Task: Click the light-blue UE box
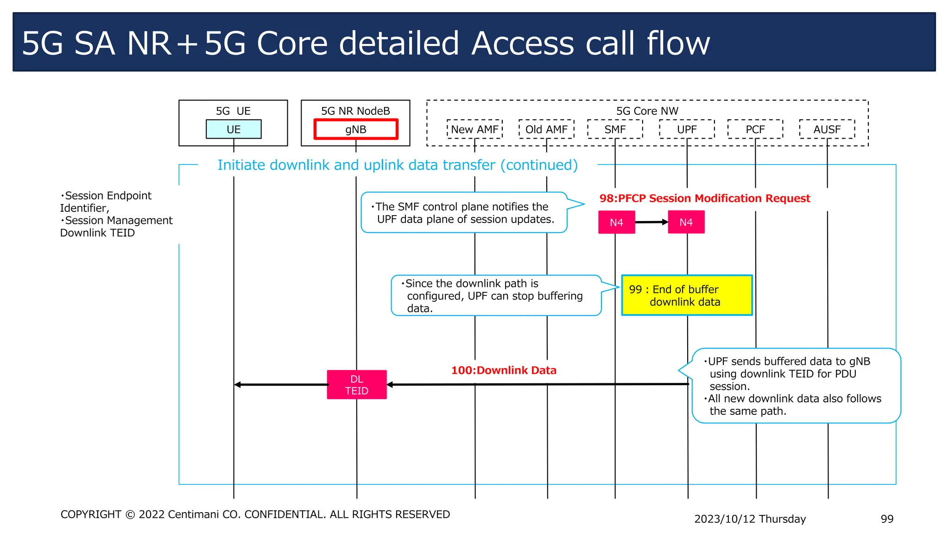click(234, 129)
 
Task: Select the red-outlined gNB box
click(355, 129)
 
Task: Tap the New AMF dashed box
click(474, 129)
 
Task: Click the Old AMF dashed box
click(546, 129)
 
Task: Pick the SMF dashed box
click(615, 129)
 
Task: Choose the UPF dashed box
click(687, 129)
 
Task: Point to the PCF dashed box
click(755, 129)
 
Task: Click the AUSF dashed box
click(827, 129)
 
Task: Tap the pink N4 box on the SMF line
click(616, 222)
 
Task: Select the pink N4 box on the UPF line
click(686, 222)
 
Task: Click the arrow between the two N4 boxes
click(652, 222)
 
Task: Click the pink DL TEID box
click(356, 385)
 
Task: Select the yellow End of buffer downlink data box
click(686, 295)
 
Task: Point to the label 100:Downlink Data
click(504, 370)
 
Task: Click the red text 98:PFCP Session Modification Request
click(704, 198)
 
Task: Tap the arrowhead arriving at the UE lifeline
click(238, 385)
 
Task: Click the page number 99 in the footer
click(886, 519)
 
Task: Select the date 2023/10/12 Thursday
click(750, 519)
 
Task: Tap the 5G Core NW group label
click(647, 111)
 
